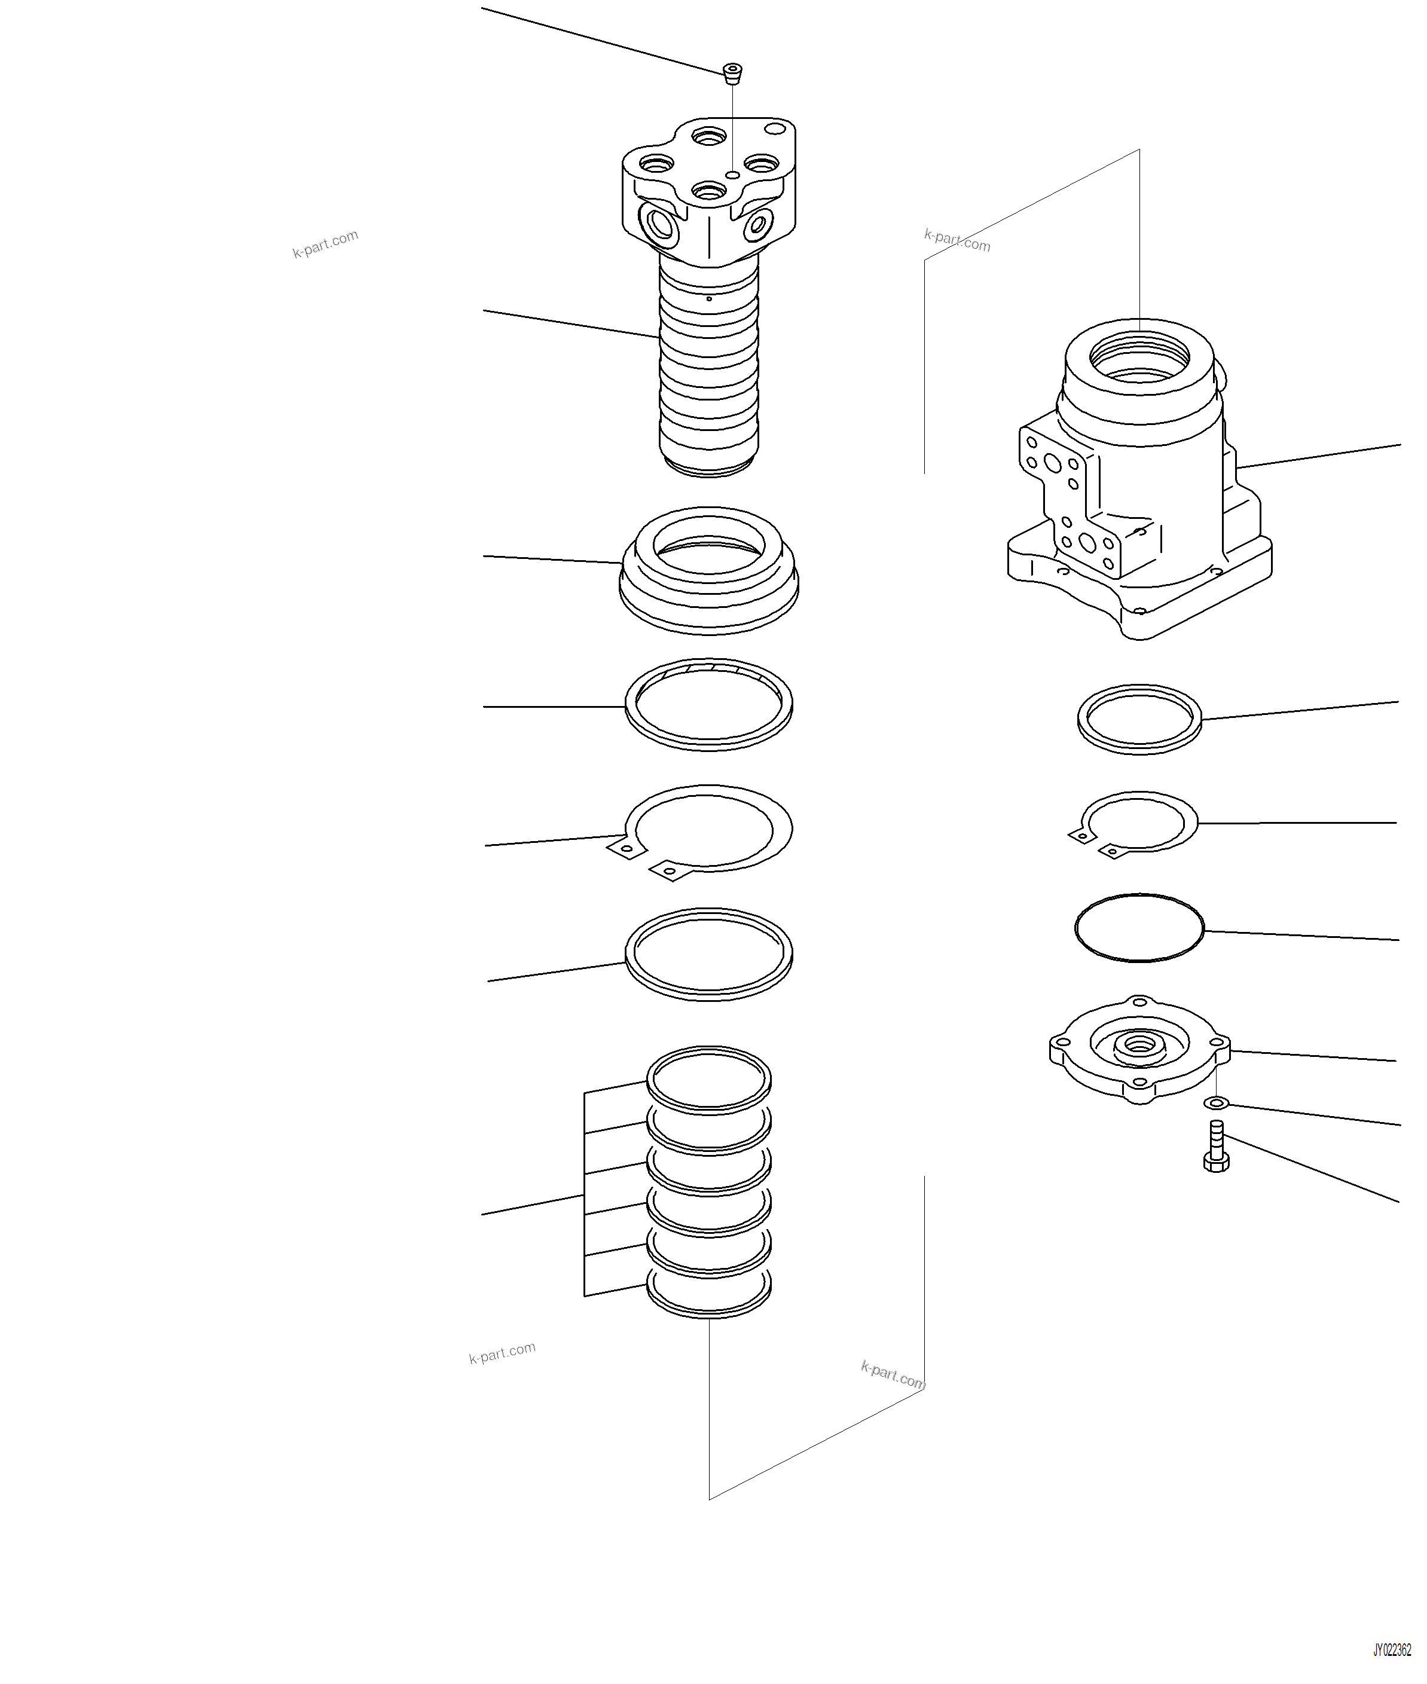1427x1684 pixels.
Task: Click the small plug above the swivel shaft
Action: click(x=733, y=74)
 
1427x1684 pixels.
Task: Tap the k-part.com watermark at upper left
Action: click(x=325, y=243)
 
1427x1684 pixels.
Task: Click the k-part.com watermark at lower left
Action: click(x=502, y=1353)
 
